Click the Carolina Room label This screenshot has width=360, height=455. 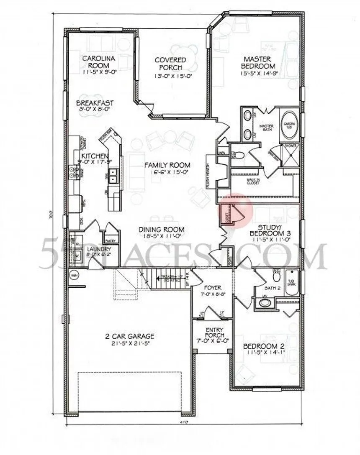tap(96, 62)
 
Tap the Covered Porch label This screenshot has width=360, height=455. tap(170, 64)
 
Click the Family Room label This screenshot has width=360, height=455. tap(167, 165)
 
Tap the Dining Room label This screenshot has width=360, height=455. tap(162, 229)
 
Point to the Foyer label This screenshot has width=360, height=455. tap(212, 288)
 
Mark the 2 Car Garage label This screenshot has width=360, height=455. tap(129, 336)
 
